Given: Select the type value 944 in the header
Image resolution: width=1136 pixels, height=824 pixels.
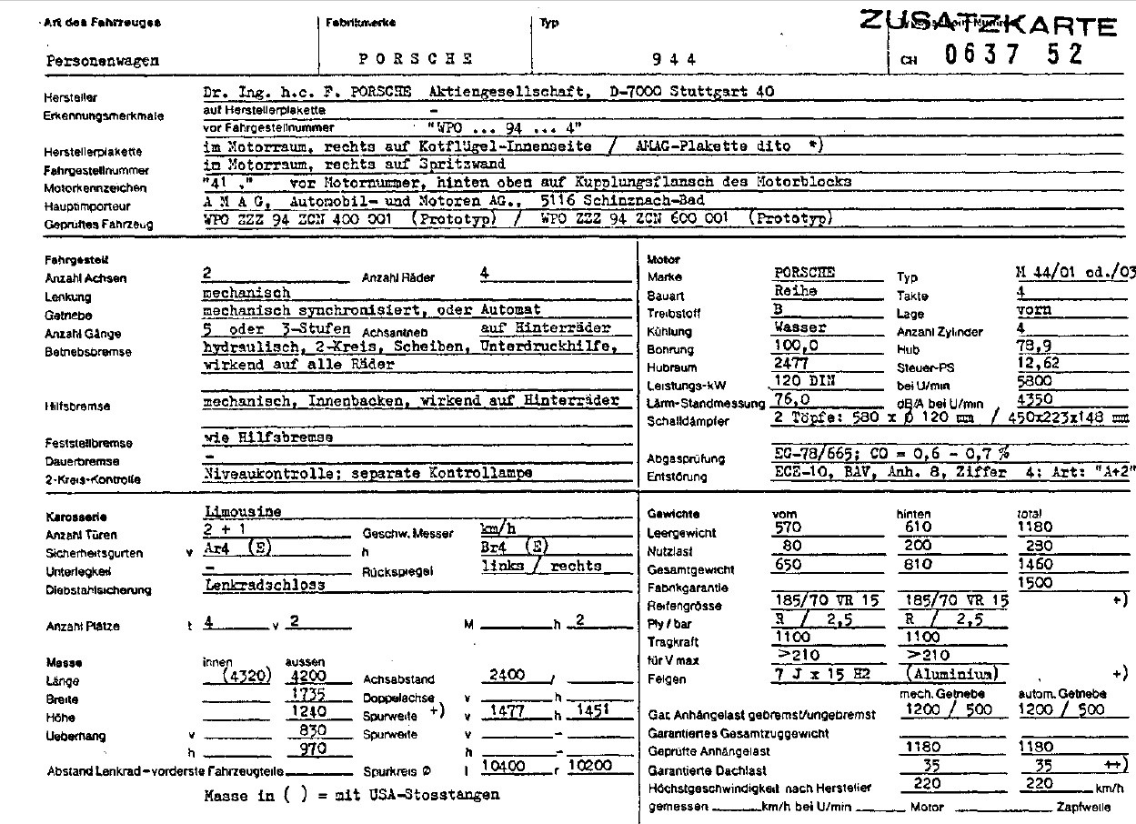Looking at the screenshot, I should (675, 59).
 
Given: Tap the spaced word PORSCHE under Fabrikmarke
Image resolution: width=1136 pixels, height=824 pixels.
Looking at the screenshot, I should (416, 59).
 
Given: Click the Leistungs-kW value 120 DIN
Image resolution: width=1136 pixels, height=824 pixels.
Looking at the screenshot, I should (803, 382).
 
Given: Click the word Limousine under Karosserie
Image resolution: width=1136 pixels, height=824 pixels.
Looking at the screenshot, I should (243, 512).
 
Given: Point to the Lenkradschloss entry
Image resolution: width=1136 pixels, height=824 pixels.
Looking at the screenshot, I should (265, 585).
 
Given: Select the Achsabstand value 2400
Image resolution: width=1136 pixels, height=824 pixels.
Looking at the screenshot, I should (508, 675).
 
